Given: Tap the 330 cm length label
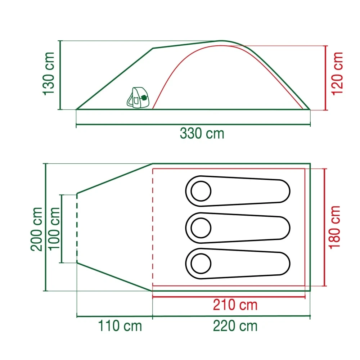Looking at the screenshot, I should click(x=202, y=134).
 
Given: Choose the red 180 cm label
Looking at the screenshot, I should click(x=335, y=227).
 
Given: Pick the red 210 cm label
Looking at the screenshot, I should click(x=235, y=305).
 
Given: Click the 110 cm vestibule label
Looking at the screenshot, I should click(x=120, y=326).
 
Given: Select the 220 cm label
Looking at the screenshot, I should click(x=235, y=326).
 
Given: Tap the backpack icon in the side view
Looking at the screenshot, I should click(x=138, y=98).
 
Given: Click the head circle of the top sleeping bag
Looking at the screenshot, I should click(x=201, y=191).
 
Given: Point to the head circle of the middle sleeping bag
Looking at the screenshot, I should click(x=201, y=228).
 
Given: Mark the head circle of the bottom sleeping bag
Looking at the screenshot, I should click(x=201, y=264).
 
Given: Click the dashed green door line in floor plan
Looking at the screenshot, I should click(x=77, y=229).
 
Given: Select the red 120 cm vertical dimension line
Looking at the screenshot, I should click(x=326, y=77).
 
